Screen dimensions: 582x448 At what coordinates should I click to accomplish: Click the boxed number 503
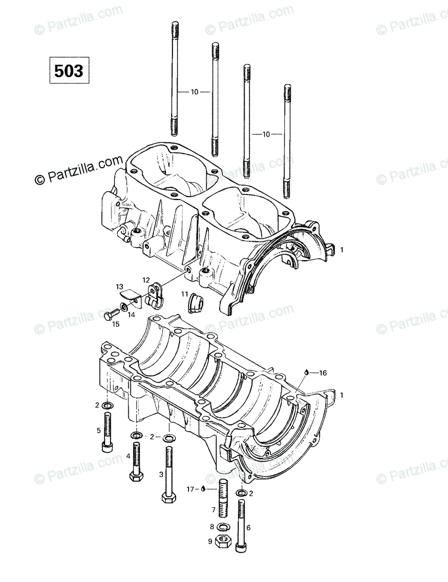click(x=69, y=71)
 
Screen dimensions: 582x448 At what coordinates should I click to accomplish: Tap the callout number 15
click(x=116, y=324)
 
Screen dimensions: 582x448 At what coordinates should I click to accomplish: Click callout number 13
click(x=119, y=287)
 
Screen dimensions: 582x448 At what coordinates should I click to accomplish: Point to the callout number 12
click(x=146, y=280)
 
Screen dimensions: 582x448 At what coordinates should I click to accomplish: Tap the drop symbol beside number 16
click(x=307, y=372)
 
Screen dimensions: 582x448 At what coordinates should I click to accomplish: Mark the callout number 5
click(x=98, y=430)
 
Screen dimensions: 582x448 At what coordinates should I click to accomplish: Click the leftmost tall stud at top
click(x=175, y=80)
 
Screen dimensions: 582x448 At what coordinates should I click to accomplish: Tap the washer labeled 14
click(x=123, y=303)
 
